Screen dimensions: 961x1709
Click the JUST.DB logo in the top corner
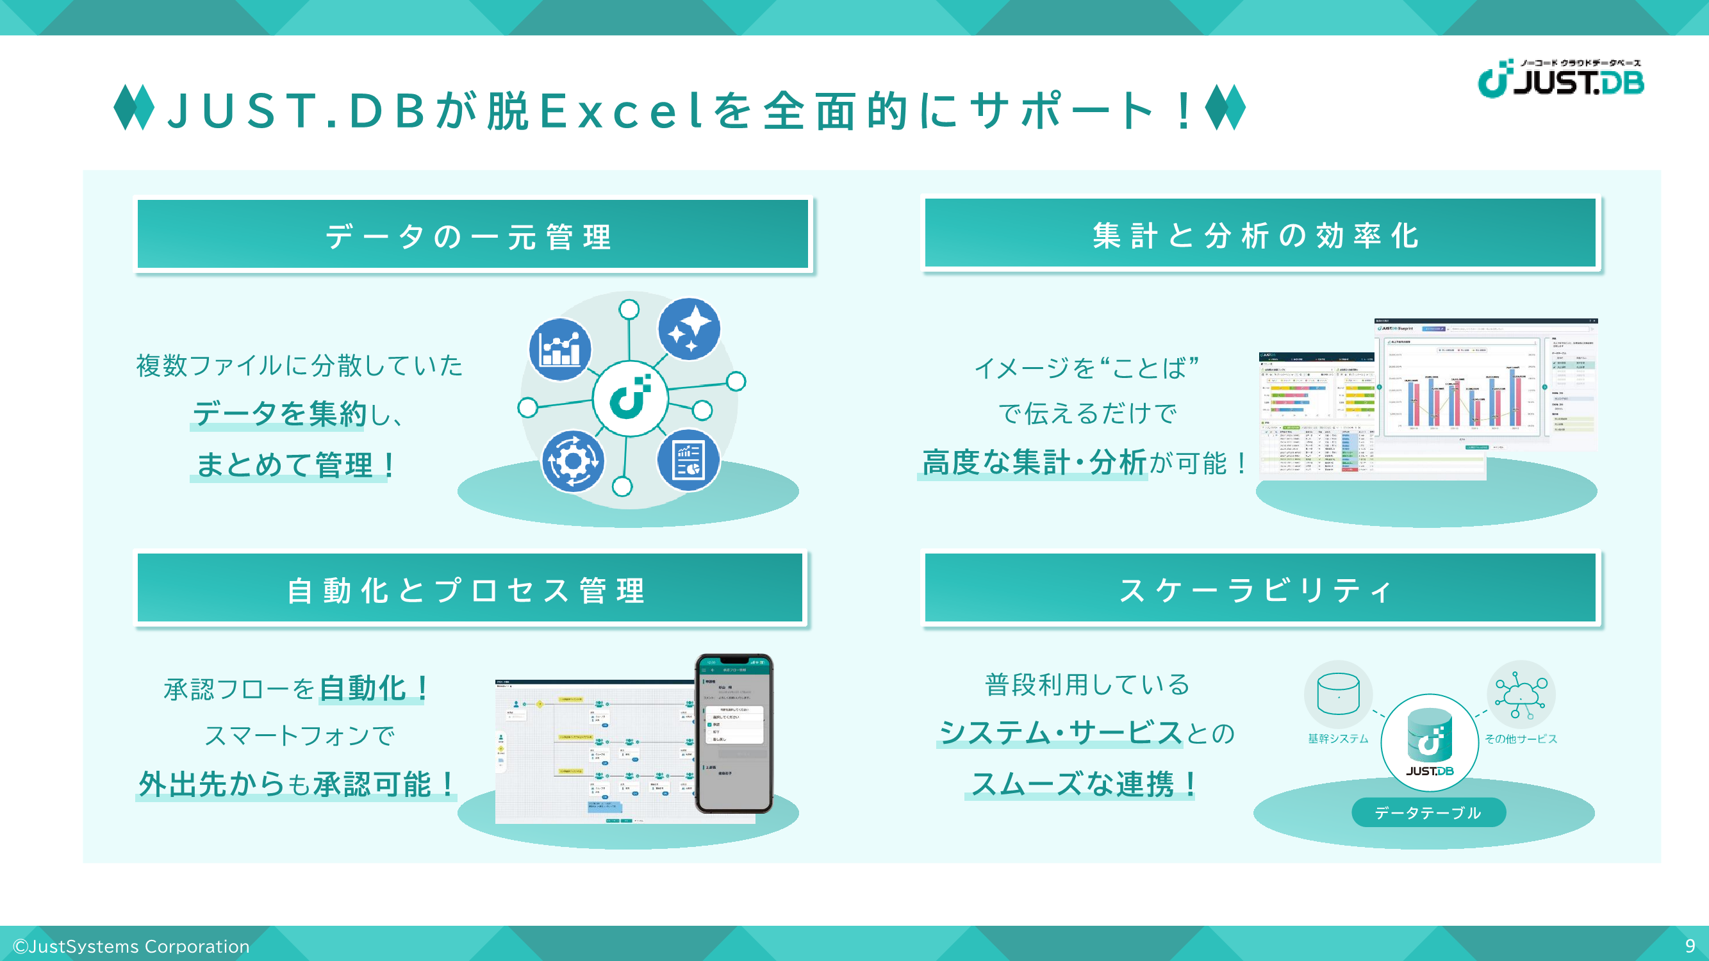coord(1560,79)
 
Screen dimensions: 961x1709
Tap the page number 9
coord(1690,945)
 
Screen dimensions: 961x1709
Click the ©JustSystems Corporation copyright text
coord(131,946)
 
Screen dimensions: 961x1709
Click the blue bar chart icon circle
coord(561,350)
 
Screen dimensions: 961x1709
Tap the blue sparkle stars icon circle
coord(689,329)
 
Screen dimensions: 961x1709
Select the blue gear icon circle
coord(574,461)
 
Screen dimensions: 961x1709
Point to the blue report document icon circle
coord(688,460)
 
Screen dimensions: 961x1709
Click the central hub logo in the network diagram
coord(630,398)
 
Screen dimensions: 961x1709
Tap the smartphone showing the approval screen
coord(734,733)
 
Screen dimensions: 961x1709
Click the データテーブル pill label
coord(1428,812)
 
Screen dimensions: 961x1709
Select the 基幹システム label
coord(1337,739)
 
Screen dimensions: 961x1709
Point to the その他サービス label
coord(1521,739)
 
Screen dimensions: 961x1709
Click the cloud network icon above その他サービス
coord(1521,694)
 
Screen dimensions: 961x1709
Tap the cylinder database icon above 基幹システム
coord(1338,694)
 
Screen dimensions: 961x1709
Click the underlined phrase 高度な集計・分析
coord(1034,463)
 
